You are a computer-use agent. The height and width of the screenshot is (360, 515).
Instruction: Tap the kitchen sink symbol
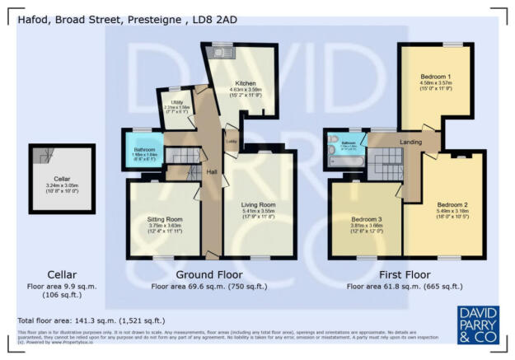(x=223, y=54)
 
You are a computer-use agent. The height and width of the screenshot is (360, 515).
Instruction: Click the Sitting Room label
(x=164, y=220)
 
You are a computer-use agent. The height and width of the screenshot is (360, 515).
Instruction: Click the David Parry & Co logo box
(x=477, y=325)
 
